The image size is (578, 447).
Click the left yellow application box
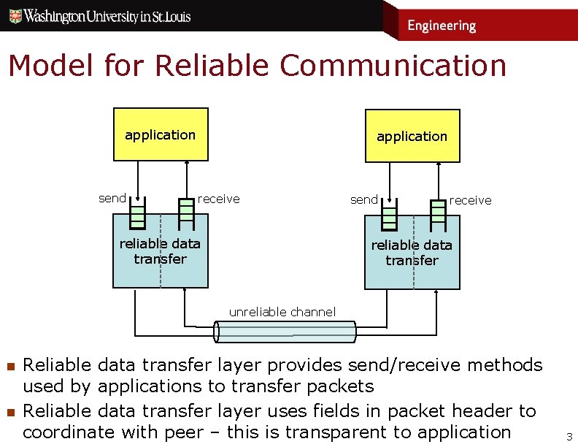[161, 134]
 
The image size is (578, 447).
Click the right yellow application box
[412, 136]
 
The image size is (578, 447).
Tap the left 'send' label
[112, 198]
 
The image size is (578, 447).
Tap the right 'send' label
[364, 199]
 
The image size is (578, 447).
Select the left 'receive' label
[218, 199]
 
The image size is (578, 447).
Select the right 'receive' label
[470, 200]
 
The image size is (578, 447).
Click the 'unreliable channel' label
[282, 312]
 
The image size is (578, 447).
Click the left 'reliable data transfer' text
[160, 251]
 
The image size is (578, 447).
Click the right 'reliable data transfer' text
[412, 253]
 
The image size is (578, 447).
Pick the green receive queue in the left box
[186, 210]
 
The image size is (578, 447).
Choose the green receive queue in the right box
[438, 212]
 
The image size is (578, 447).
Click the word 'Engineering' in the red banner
[441, 26]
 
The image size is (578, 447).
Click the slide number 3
[569, 437]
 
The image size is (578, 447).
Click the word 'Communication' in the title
[393, 66]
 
